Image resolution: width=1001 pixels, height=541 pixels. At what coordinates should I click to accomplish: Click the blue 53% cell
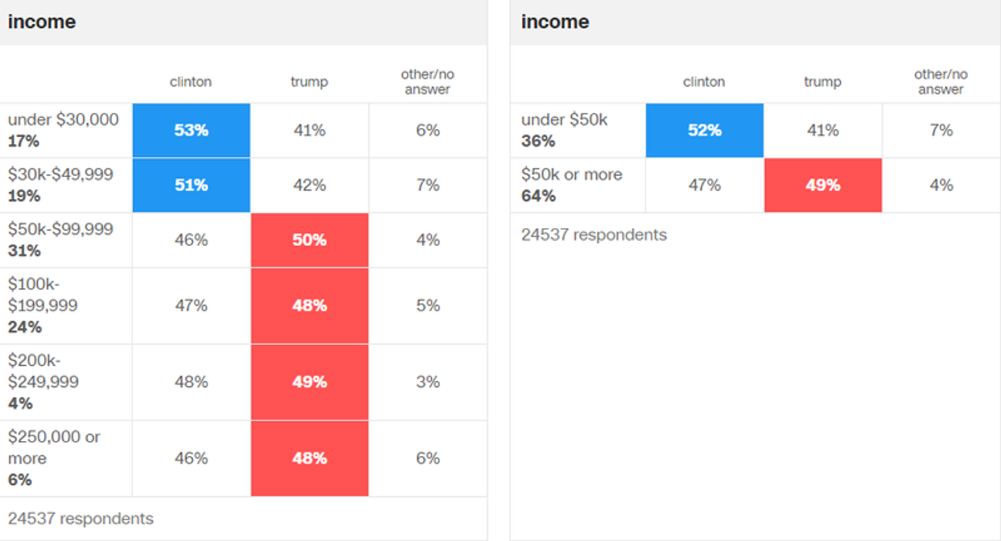pyautogui.click(x=191, y=131)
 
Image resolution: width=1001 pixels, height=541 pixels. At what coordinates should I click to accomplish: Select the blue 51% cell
pyautogui.click(x=191, y=185)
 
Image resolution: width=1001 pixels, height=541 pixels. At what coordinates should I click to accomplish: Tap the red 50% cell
pyautogui.click(x=310, y=240)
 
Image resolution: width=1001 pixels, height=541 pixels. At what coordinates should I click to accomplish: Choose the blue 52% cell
pyautogui.click(x=704, y=131)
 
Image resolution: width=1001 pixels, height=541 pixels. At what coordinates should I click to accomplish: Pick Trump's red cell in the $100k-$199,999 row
pyautogui.click(x=310, y=306)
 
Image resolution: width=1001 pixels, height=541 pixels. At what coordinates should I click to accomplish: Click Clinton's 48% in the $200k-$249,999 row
pyautogui.click(x=191, y=382)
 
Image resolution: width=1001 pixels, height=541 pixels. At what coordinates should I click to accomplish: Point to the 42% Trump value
pyautogui.click(x=310, y=185)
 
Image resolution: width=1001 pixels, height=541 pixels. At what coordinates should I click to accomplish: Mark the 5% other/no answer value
pyautogui.click(x=428, y=306)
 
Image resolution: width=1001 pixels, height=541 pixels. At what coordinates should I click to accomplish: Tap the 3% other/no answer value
pyautogui.click(x=428, y=382)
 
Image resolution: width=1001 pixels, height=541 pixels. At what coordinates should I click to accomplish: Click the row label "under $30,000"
pyautogui.click(x=63, y=120)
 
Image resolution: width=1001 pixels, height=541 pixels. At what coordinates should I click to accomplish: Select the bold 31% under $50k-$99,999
pyautogui.click(x=24, y=251)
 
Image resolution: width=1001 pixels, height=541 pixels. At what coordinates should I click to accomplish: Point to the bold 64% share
pyautogui.click(x=538, y=196)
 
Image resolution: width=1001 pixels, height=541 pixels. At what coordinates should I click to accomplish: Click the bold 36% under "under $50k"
pyautogui.click(x=538, y=141)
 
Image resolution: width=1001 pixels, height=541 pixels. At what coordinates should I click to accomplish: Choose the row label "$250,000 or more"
pyautogui.click(x=54, y=447)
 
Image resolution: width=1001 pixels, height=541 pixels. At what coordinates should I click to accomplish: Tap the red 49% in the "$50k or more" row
pyautogui.click(x=823, y=185)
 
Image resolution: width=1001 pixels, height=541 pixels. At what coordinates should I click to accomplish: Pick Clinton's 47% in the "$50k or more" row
pyautogui.click(x=704, y=185)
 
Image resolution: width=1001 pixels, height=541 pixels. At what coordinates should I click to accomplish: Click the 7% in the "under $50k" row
pyautogui.click(x=941, y=131)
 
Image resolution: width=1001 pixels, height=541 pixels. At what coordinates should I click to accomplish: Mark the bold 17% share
pyautogui.click(x=24, y=141)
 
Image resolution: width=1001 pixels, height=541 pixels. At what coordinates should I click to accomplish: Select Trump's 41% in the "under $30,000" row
pyautogui.click(x=310, y=131)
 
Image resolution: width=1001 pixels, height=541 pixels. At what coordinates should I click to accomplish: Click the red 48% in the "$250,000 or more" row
pyautogui.click(x=310, y=458)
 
